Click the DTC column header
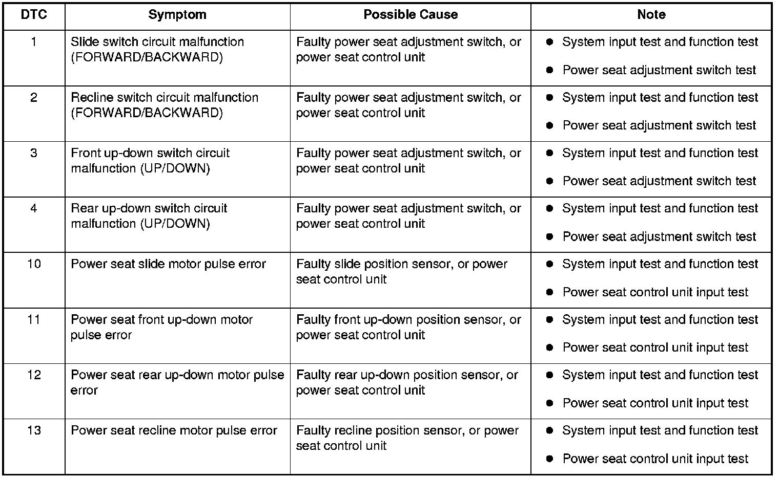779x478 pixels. click(34, 15)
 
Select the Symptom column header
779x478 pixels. click(177, 15)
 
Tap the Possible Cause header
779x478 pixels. click(411, 15)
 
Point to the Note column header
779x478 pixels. click(651, 15)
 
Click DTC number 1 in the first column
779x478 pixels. click(34, 42)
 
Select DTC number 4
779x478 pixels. click(34, 208)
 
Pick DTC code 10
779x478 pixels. click(34, 264)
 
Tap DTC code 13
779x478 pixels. click(34, 430)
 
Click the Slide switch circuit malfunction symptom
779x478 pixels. click(157, 49)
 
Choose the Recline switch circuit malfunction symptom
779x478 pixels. click(165, 105)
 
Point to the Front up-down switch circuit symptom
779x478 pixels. click(150, 161)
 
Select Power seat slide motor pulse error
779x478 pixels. click(168, 264)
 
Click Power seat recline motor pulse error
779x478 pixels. click(174, 430)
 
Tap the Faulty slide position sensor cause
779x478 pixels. click(402, 272)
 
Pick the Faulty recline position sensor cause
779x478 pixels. click(407, 438)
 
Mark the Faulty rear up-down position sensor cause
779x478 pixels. click(407, 382)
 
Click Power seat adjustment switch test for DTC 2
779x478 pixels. click(660, 125)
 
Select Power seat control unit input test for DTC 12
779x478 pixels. click(655, 403)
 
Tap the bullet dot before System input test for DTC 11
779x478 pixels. click(550, 319)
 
